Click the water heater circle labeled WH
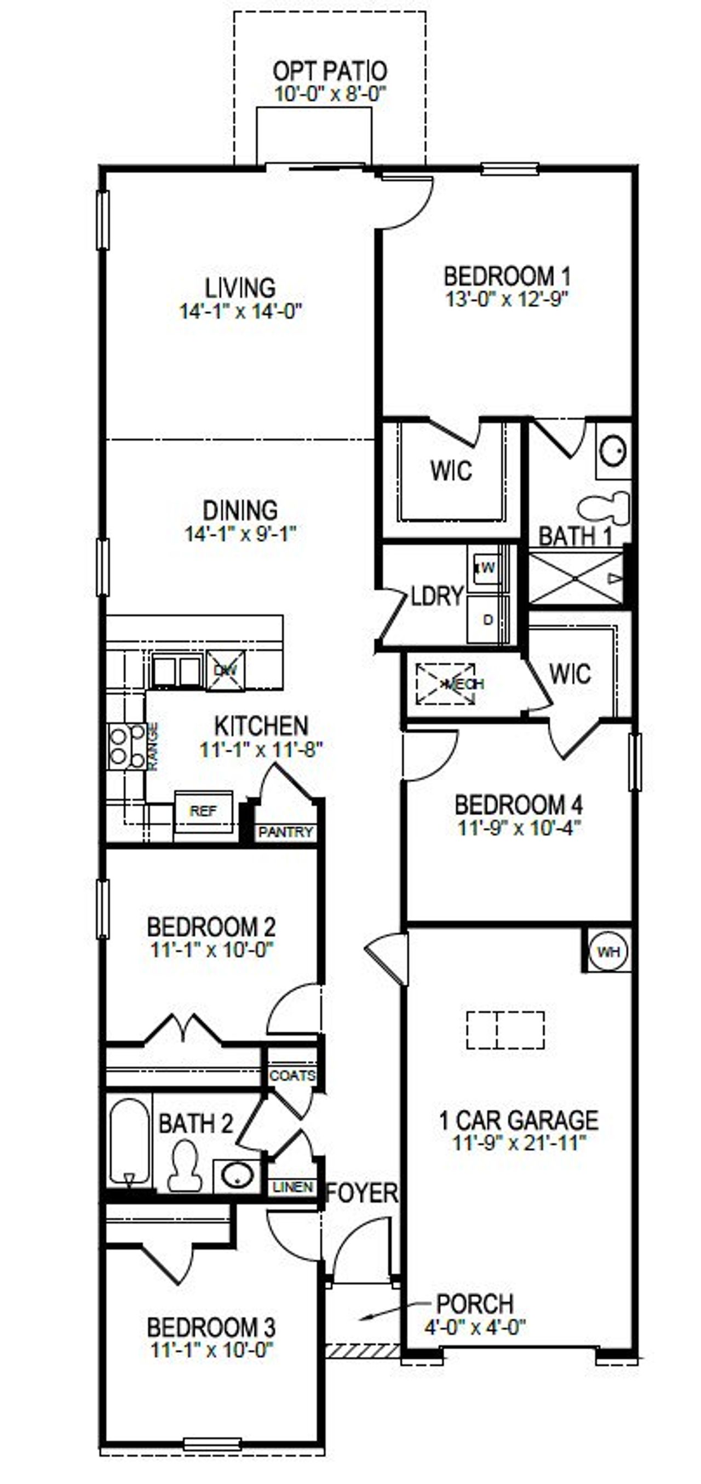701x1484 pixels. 608,951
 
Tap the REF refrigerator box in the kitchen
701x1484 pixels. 203,811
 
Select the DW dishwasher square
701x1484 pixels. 225,670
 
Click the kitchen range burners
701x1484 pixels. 127,747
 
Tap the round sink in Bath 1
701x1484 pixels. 613,450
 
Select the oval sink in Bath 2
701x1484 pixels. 238,1175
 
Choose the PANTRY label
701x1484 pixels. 285,832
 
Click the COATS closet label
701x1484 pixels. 292,1075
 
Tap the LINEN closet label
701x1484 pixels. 292,1187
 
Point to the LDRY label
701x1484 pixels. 437,595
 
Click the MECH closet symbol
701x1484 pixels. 446,684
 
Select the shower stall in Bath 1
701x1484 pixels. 576,578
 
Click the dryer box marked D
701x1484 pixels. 489,620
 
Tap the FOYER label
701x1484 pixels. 362,1193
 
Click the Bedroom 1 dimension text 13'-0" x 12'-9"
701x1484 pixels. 507,300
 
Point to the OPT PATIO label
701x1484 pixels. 330,71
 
